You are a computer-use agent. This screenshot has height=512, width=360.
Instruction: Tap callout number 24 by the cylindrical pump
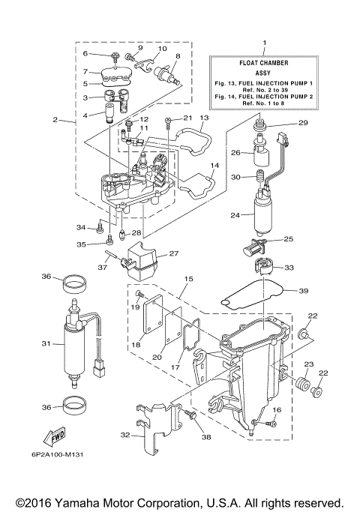point(235,215)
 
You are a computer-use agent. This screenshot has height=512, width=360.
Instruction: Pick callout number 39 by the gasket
point(303,291)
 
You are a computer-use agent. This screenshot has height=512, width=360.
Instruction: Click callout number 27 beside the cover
point(174,253)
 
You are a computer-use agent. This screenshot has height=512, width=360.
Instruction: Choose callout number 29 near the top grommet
point(303,123)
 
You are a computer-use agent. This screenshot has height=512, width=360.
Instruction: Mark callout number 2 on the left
point(55,119)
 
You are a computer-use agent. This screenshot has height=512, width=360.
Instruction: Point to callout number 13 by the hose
point(204,118)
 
